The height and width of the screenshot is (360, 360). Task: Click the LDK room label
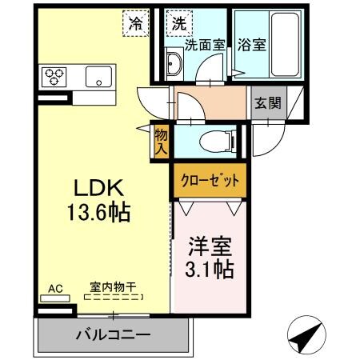click(x=98, y=189)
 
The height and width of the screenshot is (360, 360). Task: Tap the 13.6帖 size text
click(x=98, y=213)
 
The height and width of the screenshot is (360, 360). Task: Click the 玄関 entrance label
click(x=266, y=104)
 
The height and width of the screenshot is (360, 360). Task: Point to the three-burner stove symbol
click(x=54, y=78)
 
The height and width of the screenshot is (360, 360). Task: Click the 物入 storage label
click(x=161, y=142)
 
